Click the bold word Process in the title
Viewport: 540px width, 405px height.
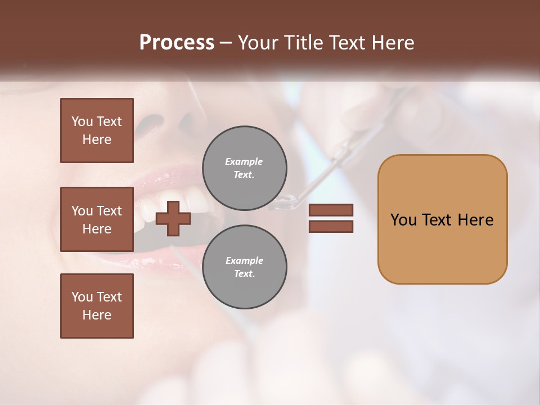click(177, 42)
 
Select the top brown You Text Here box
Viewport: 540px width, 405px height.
click(97, 130)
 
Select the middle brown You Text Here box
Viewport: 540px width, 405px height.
click(97, 219)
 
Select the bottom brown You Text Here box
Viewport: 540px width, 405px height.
click(97, 306)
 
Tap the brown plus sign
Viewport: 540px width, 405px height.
click(173, 218)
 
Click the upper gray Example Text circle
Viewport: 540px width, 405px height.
click(244, 168)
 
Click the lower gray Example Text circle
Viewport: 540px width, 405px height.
click(244, 267)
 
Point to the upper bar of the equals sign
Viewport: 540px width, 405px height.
click(331, 210)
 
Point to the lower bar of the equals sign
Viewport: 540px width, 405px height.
click(331, 226)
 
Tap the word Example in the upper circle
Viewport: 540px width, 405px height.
click(244, 161)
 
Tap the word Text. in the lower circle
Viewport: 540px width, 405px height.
click(244, 273)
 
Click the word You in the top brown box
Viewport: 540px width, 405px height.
click(82, 121)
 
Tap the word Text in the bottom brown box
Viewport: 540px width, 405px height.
click(109, 297)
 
